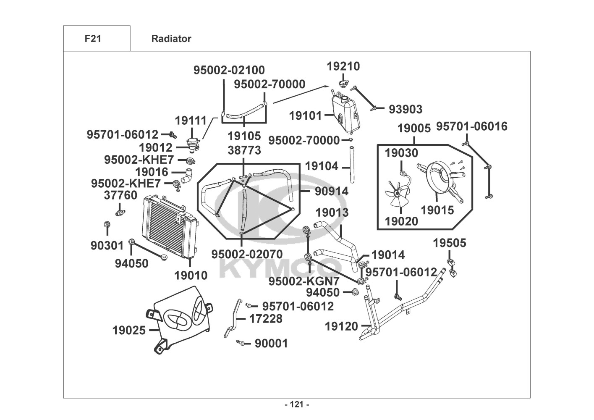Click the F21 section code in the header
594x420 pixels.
[93, 39]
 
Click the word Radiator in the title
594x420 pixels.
[171, 39]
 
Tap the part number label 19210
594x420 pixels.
[343, 66]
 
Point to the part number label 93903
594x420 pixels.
[405, 109]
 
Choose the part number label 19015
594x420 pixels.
[437, 210]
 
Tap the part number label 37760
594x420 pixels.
[120, 195]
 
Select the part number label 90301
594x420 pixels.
[107, 245]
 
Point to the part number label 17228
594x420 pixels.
[266, 319]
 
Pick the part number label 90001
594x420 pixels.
[271, 344]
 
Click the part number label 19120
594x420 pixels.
[341, 326]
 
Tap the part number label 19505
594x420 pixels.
[449, 243]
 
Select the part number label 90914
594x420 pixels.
[332, 191]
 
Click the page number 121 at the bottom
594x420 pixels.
[297, 404]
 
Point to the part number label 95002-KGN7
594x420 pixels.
[304, 281]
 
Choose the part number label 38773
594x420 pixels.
[244, 150]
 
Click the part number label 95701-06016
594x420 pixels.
[471, 126]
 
